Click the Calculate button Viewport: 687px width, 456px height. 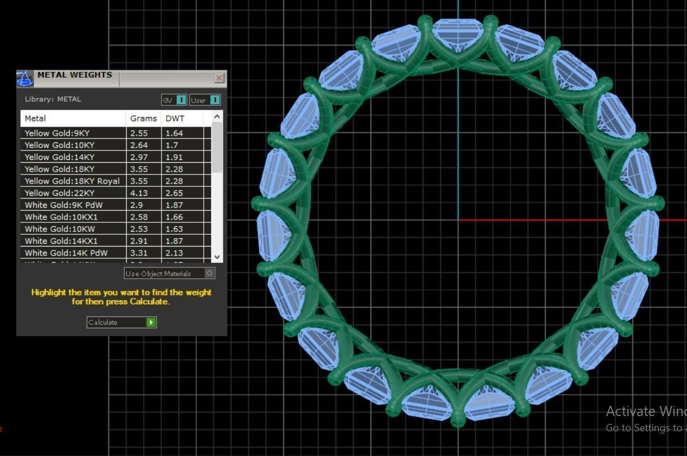point(121,323)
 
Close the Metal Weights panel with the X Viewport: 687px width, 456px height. point(219,78)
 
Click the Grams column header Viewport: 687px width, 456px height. point(143,118)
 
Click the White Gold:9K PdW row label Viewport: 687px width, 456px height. point(64,205)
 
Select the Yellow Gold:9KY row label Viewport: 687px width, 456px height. point(57,133)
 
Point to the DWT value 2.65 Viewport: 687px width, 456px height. point(174,193)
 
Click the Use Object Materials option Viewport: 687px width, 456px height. point(169,274)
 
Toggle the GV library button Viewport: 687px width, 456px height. point(174,100)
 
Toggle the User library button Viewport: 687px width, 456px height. point(205,100)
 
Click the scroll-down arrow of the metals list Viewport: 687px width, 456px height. point(217,257)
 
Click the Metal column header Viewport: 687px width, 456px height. point(35,118)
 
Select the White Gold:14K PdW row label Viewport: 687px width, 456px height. point(66,253)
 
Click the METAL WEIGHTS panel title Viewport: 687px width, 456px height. point(74,75)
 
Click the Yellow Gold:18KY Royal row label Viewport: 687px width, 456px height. point(72,181)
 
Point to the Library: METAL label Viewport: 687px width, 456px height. point(53,99)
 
